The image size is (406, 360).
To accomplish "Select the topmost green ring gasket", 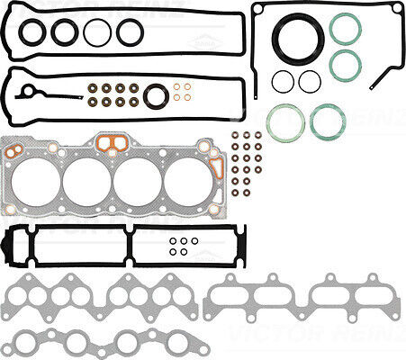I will [345, 29].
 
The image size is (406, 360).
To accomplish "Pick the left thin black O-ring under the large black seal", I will [283, 81].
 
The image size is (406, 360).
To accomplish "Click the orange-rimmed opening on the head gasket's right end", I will [216, 168].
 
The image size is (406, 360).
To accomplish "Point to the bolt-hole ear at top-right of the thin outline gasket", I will [396, 8].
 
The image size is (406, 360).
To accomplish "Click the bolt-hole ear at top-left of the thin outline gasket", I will [257, 8].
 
